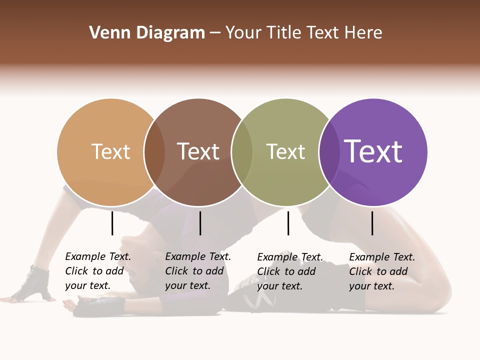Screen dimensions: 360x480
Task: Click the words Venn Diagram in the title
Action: click(147, 33)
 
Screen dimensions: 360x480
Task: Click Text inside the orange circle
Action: click(110, 151)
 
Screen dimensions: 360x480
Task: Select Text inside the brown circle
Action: click(198, 151)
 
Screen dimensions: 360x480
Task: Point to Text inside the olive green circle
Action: click(285, 151)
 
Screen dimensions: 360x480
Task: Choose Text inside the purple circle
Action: click(373, 151)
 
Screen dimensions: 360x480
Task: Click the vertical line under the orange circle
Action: click(112, 223)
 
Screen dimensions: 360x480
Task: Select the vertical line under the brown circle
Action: click(200, 223)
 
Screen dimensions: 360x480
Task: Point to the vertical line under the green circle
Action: click(288, 223)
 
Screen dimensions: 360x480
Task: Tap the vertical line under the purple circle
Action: click(372, 223)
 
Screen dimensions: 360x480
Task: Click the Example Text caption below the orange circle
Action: click(98, 271)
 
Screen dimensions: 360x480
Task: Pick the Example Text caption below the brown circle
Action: click(198, 271)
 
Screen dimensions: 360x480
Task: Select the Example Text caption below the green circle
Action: click(290, 271)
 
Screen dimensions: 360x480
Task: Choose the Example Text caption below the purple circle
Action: click(382, 271)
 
